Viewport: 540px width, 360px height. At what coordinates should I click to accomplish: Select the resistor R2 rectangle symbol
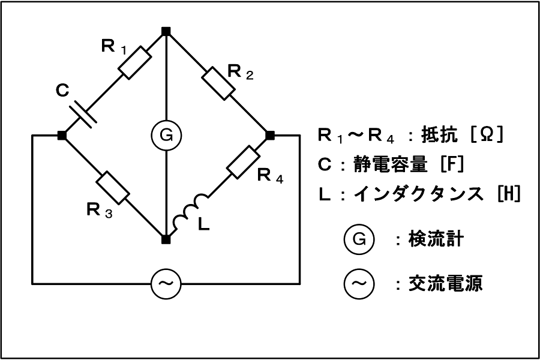coord(218,82)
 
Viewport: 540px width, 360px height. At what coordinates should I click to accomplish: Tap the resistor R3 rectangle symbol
coord(113,188)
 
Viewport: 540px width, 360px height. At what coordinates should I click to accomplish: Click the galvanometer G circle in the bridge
coord(166,136)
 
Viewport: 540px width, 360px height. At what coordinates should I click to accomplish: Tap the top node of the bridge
coord(166,29)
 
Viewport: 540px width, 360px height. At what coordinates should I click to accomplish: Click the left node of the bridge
coord(62,136)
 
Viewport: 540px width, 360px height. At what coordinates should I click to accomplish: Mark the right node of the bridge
coord(270,136)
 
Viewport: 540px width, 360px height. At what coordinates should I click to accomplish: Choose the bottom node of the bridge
coord(166,239)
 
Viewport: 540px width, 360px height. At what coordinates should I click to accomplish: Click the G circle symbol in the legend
coord(359,239)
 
